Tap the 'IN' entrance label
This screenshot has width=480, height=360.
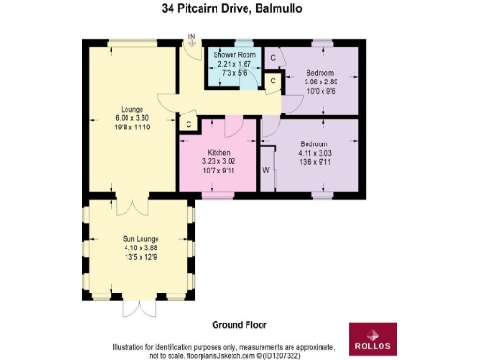pyautogui.click(x=191, y=38)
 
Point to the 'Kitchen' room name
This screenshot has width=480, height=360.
pyautogui.click(x=219, y=152)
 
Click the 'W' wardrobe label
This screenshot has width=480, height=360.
pyautogui.click(x=266, y=171)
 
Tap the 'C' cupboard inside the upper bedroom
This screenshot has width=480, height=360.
pyautogui.click(x=273, y=58)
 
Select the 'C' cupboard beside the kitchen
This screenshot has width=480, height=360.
pyautogui.click(x=188, y=124)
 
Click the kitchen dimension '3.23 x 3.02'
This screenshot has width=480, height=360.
pyautogui.click(x=219, y=160)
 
